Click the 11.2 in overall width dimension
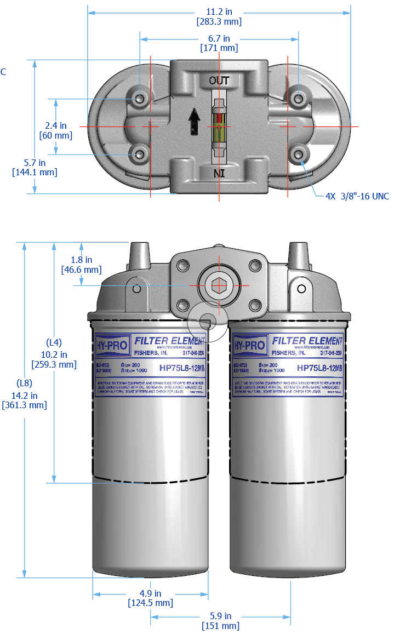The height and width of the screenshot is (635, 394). point(219,16)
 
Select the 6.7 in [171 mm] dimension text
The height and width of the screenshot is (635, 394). point(219,43)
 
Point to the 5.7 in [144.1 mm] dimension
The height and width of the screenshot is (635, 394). point(34,167)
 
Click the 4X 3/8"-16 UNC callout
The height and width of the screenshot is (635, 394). point(357,196)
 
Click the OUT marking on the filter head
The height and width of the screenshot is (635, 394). point(219,80)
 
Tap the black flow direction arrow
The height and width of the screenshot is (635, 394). point(193,121)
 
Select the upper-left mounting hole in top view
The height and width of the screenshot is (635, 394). point(140,99)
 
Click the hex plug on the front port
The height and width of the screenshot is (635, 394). point(218,285)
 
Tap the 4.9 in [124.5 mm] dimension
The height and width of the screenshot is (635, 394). point(150,598)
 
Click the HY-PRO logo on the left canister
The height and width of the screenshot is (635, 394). point(113,345)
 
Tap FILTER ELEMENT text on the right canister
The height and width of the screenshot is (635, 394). point(307,341)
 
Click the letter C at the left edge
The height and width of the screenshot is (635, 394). point(3,72)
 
